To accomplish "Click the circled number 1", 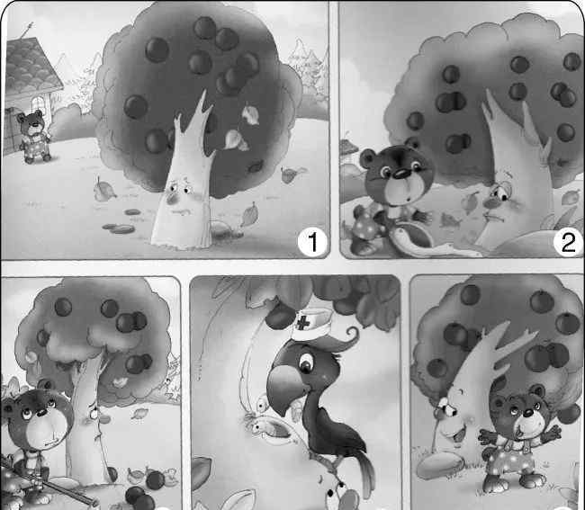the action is coord(312,242).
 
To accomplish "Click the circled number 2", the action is coord(568,243).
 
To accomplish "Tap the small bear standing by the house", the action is coord(34,137).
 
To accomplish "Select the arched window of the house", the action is coord(37,104).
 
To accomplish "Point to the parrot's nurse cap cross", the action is coord(302,323).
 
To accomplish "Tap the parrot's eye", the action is coord(306,362).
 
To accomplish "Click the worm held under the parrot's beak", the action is coord(269,425).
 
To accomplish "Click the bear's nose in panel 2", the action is coord(401,172).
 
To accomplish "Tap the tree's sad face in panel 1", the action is coord(180,197).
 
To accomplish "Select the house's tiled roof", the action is coord(31,64).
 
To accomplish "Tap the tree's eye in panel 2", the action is coord(499,192).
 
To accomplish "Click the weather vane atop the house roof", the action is coord(27,31).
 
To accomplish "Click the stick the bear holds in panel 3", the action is coord(49,483).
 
